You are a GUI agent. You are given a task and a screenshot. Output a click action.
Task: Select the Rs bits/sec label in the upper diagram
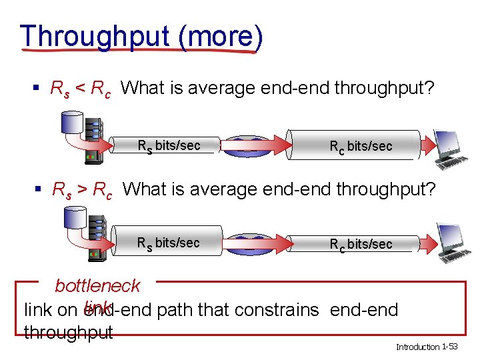coord(169,145)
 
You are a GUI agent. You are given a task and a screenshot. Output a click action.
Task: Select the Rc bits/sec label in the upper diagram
coord(361,146)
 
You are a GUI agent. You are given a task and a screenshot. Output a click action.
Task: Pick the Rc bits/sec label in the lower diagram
coord(361,244)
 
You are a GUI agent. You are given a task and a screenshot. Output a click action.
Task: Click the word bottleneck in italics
coord(97,286)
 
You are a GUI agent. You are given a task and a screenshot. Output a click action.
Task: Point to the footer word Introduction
coord(418,347)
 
